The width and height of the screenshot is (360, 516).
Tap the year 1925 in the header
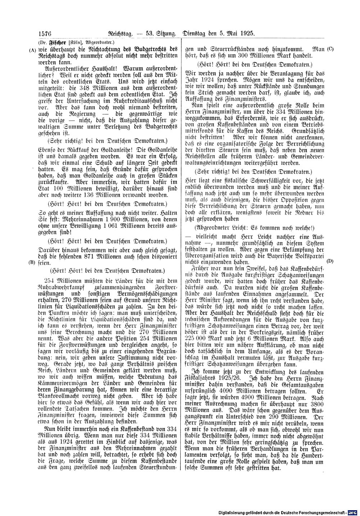(x=247, y=33)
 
